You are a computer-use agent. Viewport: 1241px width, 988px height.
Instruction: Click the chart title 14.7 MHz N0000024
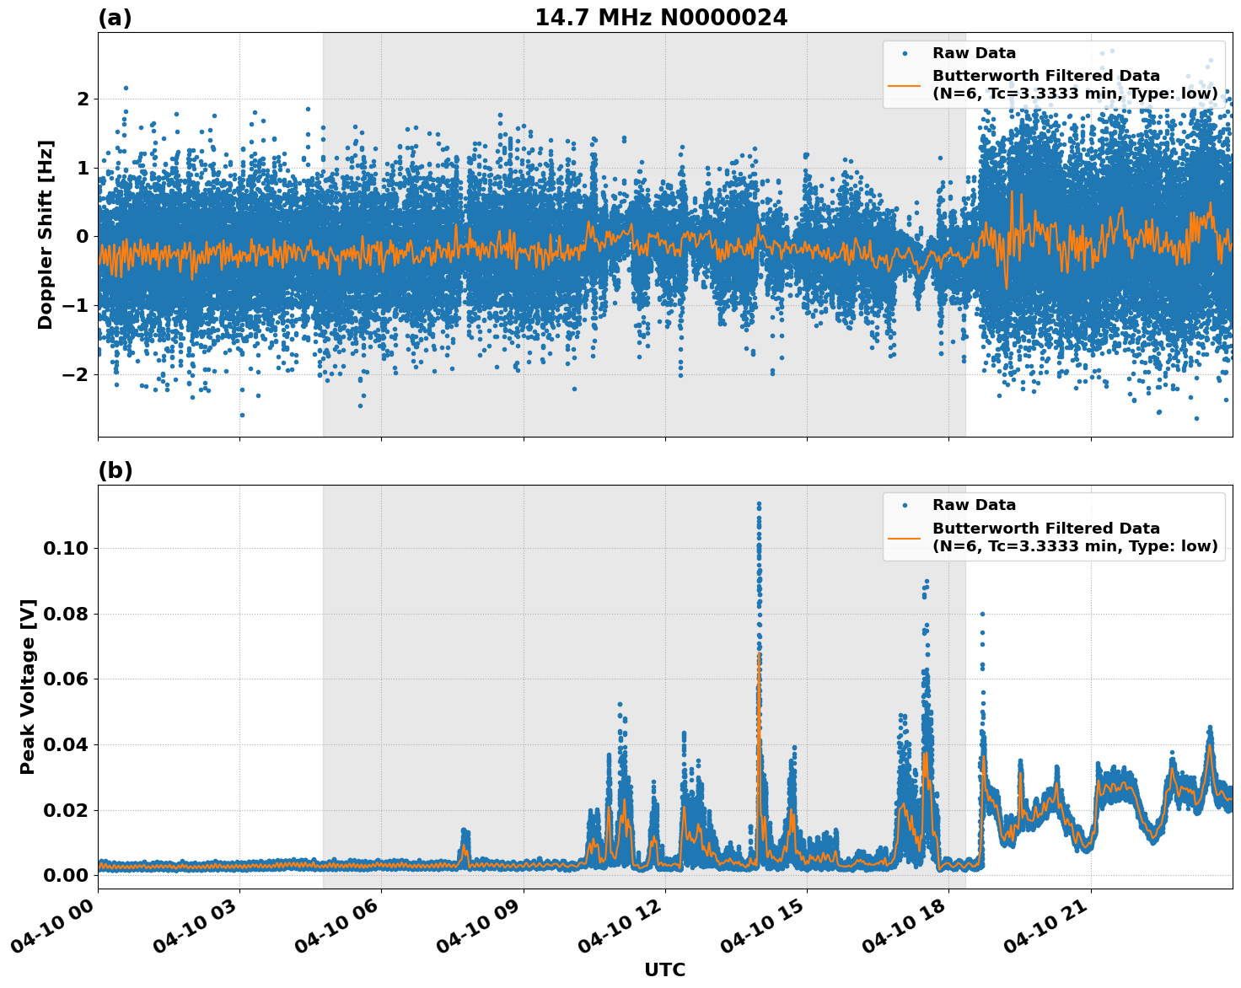(661, 18)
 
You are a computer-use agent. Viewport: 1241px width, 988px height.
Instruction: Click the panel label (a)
(115, 18)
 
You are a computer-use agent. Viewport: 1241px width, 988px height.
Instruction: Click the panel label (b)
(115, 470)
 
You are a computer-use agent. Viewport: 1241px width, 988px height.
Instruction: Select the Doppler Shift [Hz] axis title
(46, 234)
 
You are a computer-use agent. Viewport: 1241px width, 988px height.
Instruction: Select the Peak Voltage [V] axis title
(28, 686)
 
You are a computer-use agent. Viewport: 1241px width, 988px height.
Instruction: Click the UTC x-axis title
(664, 969)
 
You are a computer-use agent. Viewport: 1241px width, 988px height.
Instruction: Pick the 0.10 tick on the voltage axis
(65, 548)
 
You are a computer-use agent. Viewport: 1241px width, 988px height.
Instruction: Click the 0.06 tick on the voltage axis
(65, 679)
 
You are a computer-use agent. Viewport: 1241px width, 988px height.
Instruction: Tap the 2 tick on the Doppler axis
(82, 99)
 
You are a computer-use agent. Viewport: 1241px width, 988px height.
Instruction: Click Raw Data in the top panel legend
(974, 53)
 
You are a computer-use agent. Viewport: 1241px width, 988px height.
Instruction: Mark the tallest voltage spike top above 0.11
(759, 504)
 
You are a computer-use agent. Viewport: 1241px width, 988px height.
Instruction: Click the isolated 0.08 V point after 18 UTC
(982, 614)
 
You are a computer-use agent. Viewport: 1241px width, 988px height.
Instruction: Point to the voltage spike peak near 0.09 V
(927, 581)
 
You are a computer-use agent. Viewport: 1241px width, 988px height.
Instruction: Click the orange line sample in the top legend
(905, 84)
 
